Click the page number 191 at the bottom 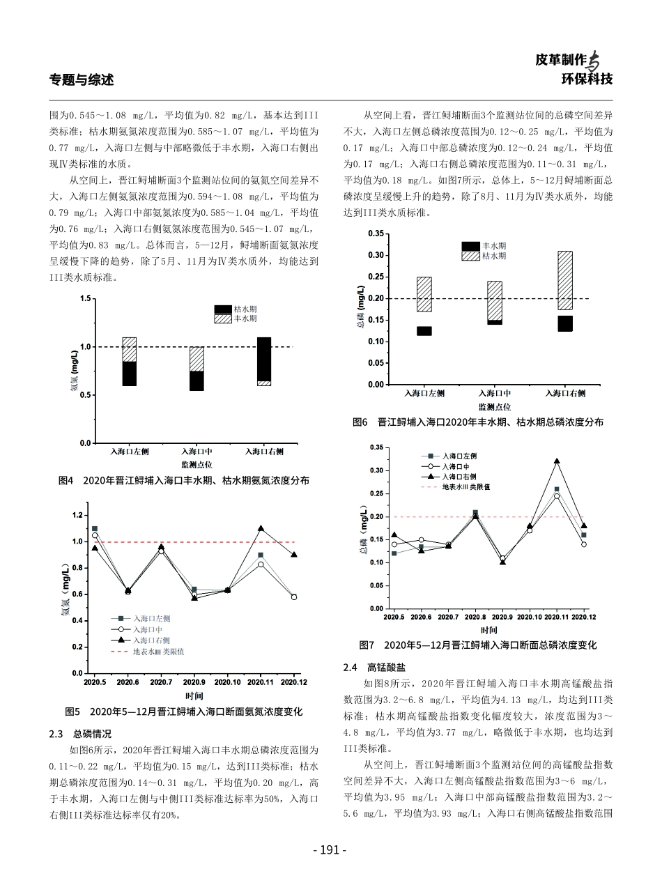[x=330, y=849]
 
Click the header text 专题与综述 [x=82, y=79]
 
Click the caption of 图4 [x=184, y=480]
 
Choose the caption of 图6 [x=478, y=422]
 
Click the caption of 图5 [x=184, y=712]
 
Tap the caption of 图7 [x=478, y=645]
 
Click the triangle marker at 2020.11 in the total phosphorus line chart [x=556, y=461]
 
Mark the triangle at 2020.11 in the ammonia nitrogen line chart [x=261, y=529]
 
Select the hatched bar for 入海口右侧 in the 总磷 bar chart [x=564, y=280]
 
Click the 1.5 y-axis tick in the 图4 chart [x=85, y=298]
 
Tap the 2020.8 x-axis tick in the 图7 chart [x=475, y=617]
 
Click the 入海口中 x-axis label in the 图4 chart [x=197, y=452]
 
